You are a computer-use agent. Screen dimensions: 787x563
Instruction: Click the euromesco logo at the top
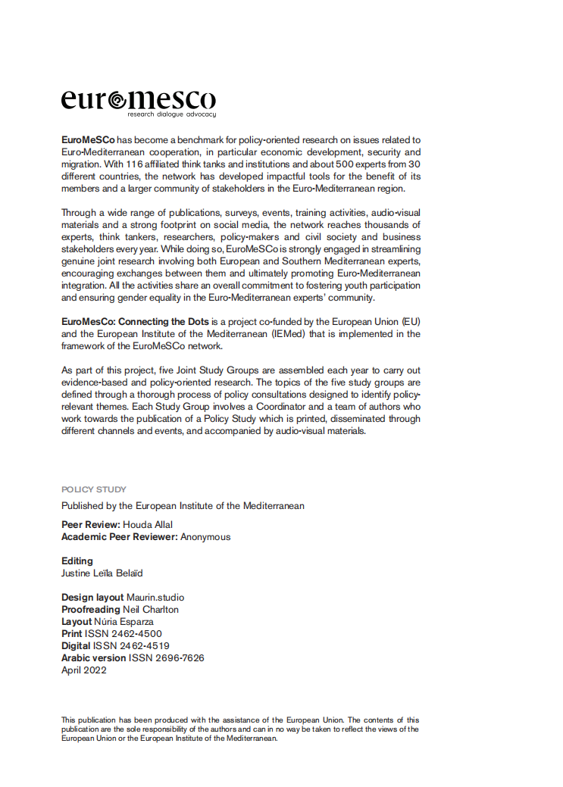point(138,100)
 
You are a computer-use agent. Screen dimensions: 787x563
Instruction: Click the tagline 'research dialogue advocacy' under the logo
point(171,114)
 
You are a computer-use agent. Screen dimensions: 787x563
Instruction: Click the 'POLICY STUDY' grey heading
point(94,489)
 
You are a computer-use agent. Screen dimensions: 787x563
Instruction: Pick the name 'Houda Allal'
point(154,525)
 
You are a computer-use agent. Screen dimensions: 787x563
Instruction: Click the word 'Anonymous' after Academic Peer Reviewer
point(205,537)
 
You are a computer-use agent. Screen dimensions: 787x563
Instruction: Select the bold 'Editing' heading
point(77,561)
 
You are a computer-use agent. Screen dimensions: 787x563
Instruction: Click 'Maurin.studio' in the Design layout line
point(155,598)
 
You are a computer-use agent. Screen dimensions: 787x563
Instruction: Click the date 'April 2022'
point(84,670)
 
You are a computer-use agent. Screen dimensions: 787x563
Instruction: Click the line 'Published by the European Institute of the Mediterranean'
point(183,506)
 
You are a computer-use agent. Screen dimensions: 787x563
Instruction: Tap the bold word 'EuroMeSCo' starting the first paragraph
point(88,140)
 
